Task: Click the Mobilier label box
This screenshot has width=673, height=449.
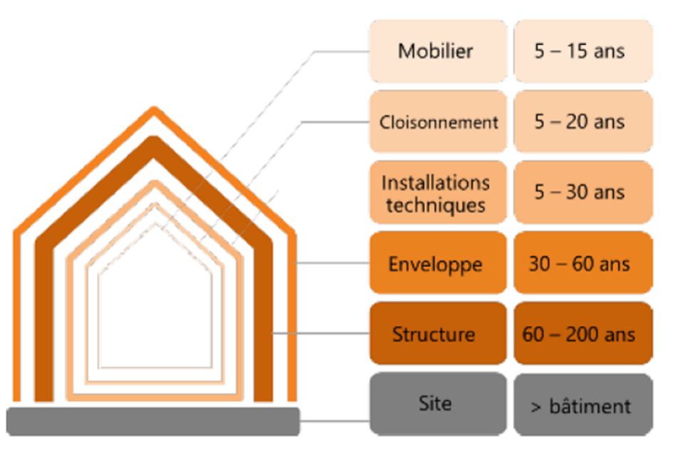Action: click(x=437, y=51)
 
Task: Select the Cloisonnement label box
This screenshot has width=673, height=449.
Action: click(x=438, y=122)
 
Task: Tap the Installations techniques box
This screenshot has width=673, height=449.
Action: click(x=437, y=193)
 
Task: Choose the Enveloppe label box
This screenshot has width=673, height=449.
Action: click(x=437, y=264)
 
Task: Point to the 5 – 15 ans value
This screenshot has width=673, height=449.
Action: click(x=580, y=51)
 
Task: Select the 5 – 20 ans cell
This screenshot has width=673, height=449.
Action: click(x=580, y=122)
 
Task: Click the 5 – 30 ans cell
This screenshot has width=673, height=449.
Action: click(x=580, y=193)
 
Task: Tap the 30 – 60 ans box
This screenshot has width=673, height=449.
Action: click(x=580, y=264)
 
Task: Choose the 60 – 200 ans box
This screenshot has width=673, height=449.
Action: click(x=580, y=334)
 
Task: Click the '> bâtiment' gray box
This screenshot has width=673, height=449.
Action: click(x=580, y=406)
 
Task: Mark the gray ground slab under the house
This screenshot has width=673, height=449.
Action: click(x=153, y=421)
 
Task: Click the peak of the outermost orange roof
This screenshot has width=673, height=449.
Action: click(x=153, y=110)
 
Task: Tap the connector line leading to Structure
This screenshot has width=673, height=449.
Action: click(x=320, y=334)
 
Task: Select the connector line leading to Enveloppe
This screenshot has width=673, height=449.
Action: click(x=331, y=264)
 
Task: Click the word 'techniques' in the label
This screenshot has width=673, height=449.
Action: click(x=435, y=205)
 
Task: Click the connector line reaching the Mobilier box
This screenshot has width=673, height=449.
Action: click(x=342, y=51)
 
